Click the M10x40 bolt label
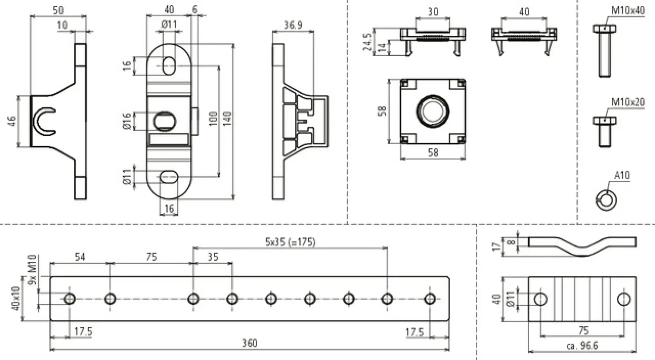(627, 10)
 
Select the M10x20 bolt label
(627, 102)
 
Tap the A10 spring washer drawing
(606, 199)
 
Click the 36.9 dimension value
(293, 25)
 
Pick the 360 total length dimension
(250, 343)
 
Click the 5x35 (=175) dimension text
(290, 242)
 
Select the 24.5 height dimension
(367, 42)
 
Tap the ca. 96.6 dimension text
(582, 346)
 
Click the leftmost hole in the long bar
(69, 299)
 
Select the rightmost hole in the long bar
(430, 299)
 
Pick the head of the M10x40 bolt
(604, 29)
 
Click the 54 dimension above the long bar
(80, 257)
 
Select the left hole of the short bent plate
(540, 299)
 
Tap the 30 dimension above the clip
(433, 12)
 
